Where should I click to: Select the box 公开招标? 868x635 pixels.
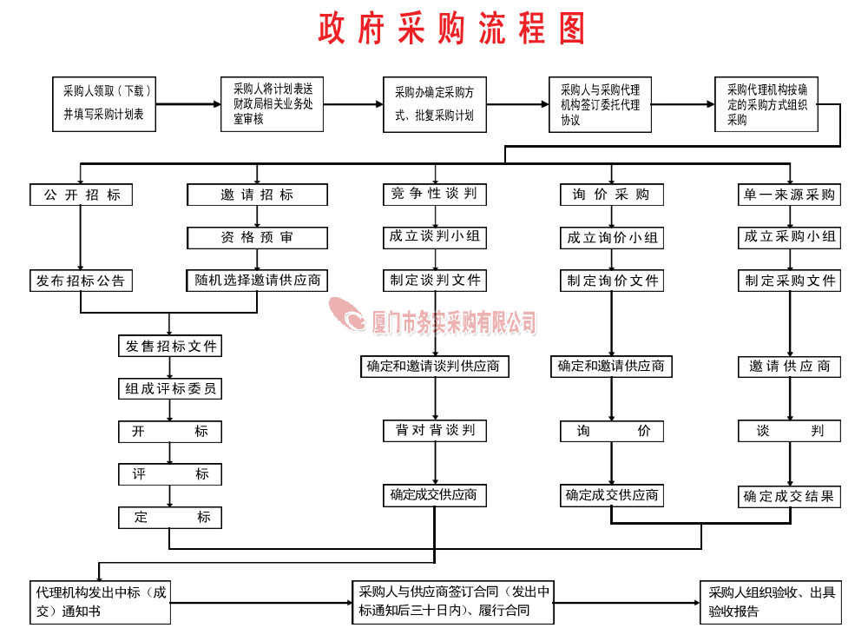click(x=82, y=195)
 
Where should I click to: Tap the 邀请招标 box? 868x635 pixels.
click(x=258, y=195)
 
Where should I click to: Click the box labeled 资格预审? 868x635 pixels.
click(x=258, y=238)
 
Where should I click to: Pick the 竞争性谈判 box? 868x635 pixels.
click(x=435, y=195)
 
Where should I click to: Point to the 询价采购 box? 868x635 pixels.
click(x=611, y=195)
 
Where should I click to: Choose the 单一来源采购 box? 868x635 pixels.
click(x=790, y=195)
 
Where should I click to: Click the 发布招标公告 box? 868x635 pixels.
click(x=81, y=281)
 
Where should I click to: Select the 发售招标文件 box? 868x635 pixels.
click(x=170, y=347)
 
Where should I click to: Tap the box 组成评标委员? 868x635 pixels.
click(x=170, y=389)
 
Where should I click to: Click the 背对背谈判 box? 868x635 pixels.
click(x=435, y=431)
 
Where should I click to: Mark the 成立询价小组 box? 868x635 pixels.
click(x=611, y=238)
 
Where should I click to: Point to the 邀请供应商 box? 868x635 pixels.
click(x=790, y=367)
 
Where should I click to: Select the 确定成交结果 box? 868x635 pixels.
click(x=790, y=497)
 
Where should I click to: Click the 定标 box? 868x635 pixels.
click(x=170, y=518)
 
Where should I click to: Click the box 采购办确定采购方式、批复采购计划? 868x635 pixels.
click(x=434, y=104)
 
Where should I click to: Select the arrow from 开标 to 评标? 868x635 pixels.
click(x=170, y=453)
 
